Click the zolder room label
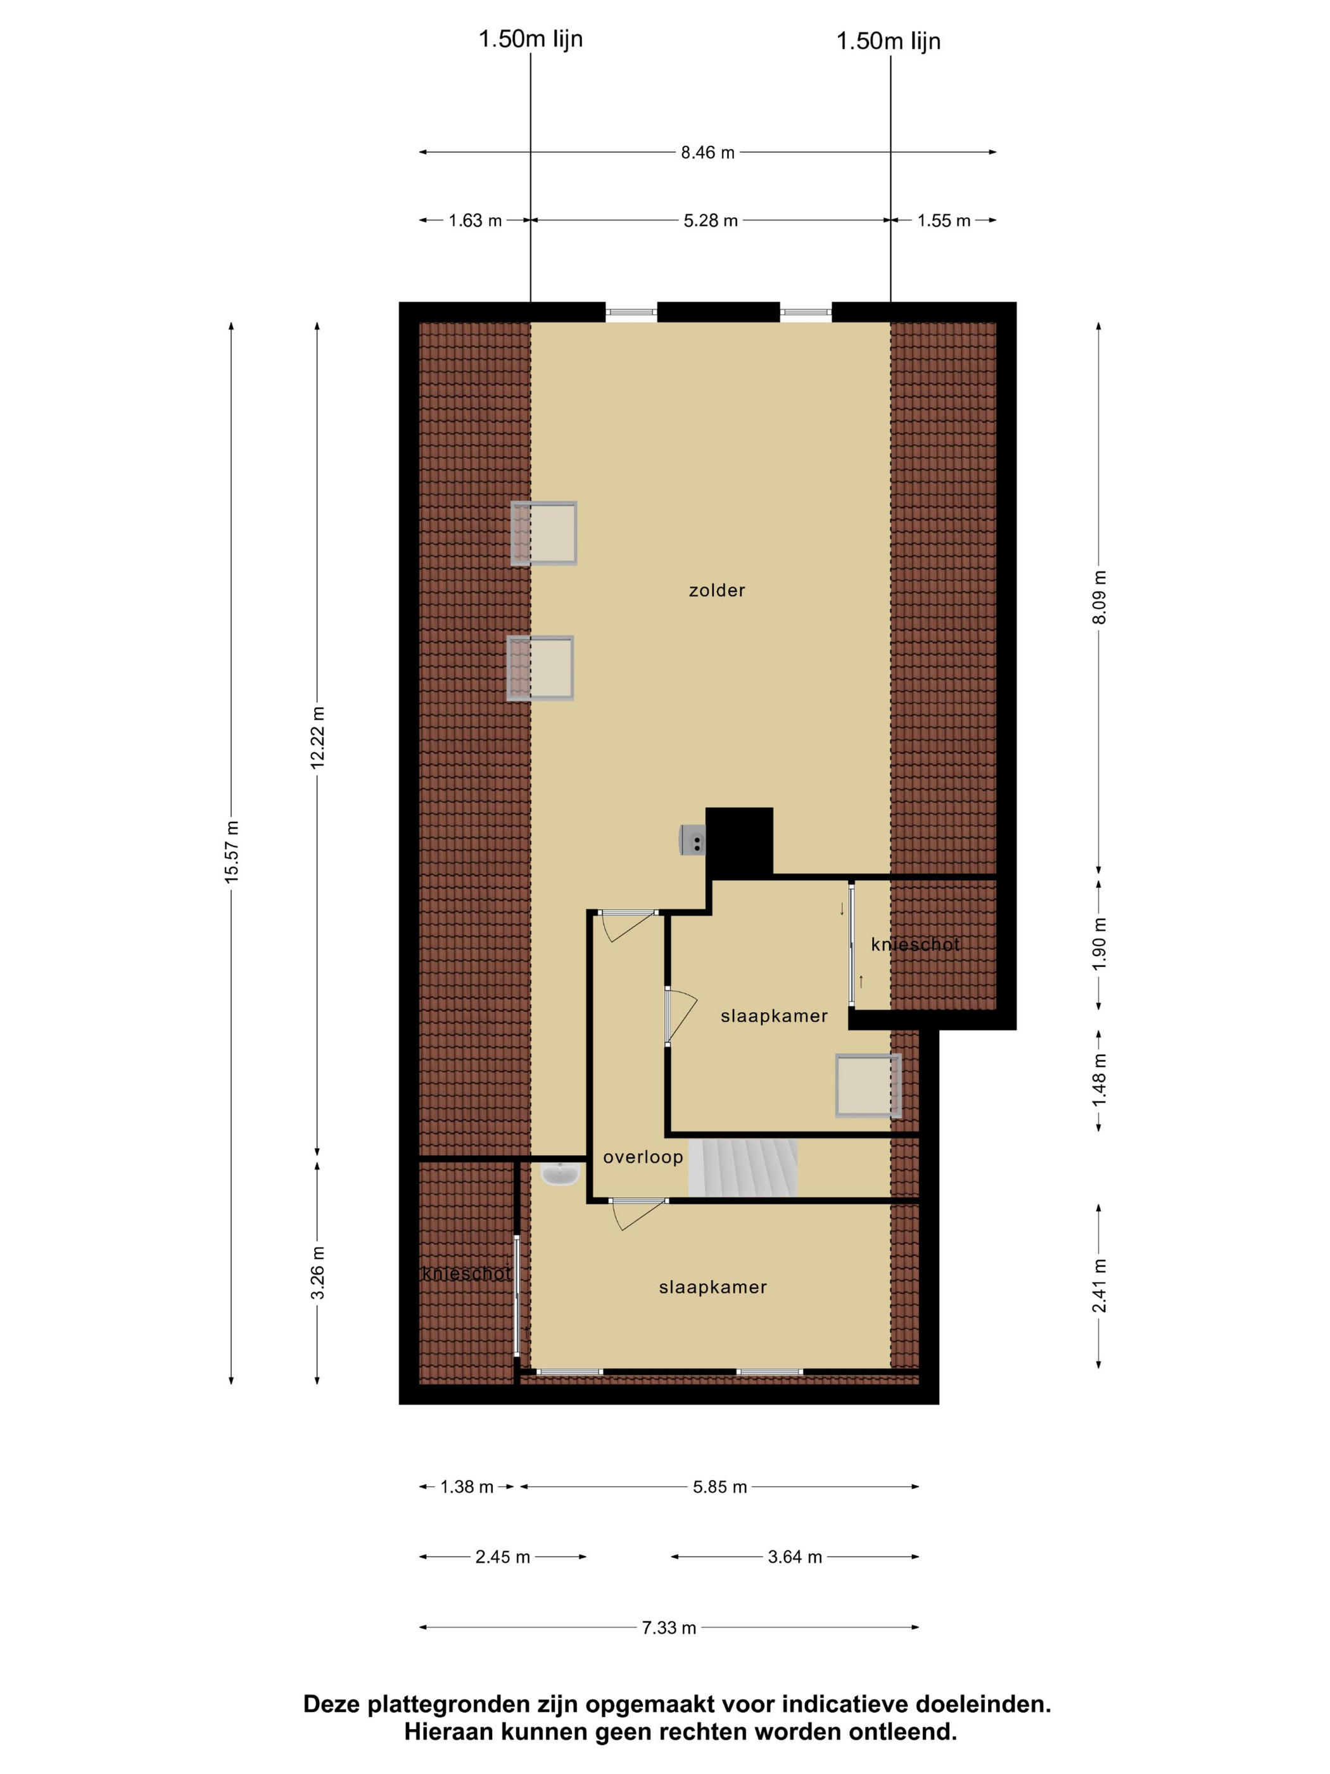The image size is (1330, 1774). (717, 590)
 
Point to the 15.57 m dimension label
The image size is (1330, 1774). (232, 852)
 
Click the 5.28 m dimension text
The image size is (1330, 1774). (711, 220)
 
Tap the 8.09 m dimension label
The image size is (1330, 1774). (1099, 597)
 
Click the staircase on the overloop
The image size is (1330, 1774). (743, 1168)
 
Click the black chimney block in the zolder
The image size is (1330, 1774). (739, 841)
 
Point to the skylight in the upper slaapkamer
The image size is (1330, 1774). (868, 1085)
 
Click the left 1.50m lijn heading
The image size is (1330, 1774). (531, 39)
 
